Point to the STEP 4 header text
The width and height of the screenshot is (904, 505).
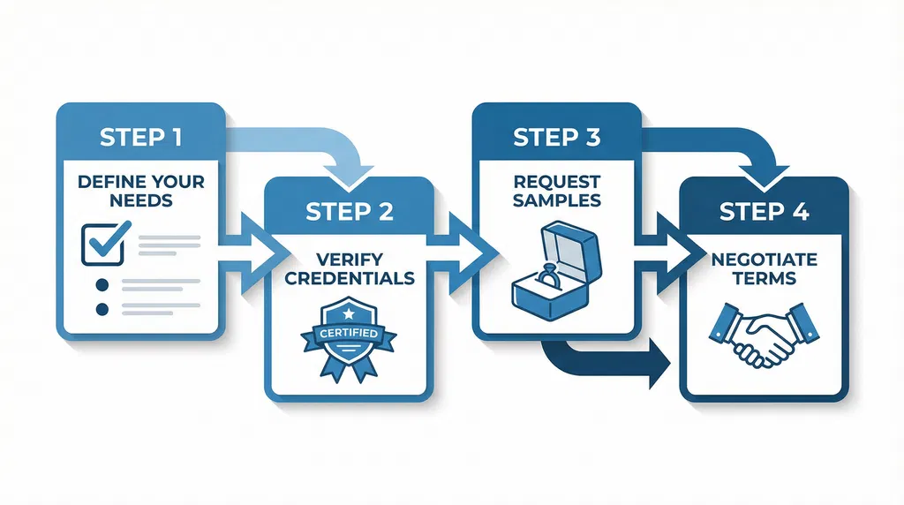764,212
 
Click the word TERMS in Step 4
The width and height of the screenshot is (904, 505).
764,278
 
